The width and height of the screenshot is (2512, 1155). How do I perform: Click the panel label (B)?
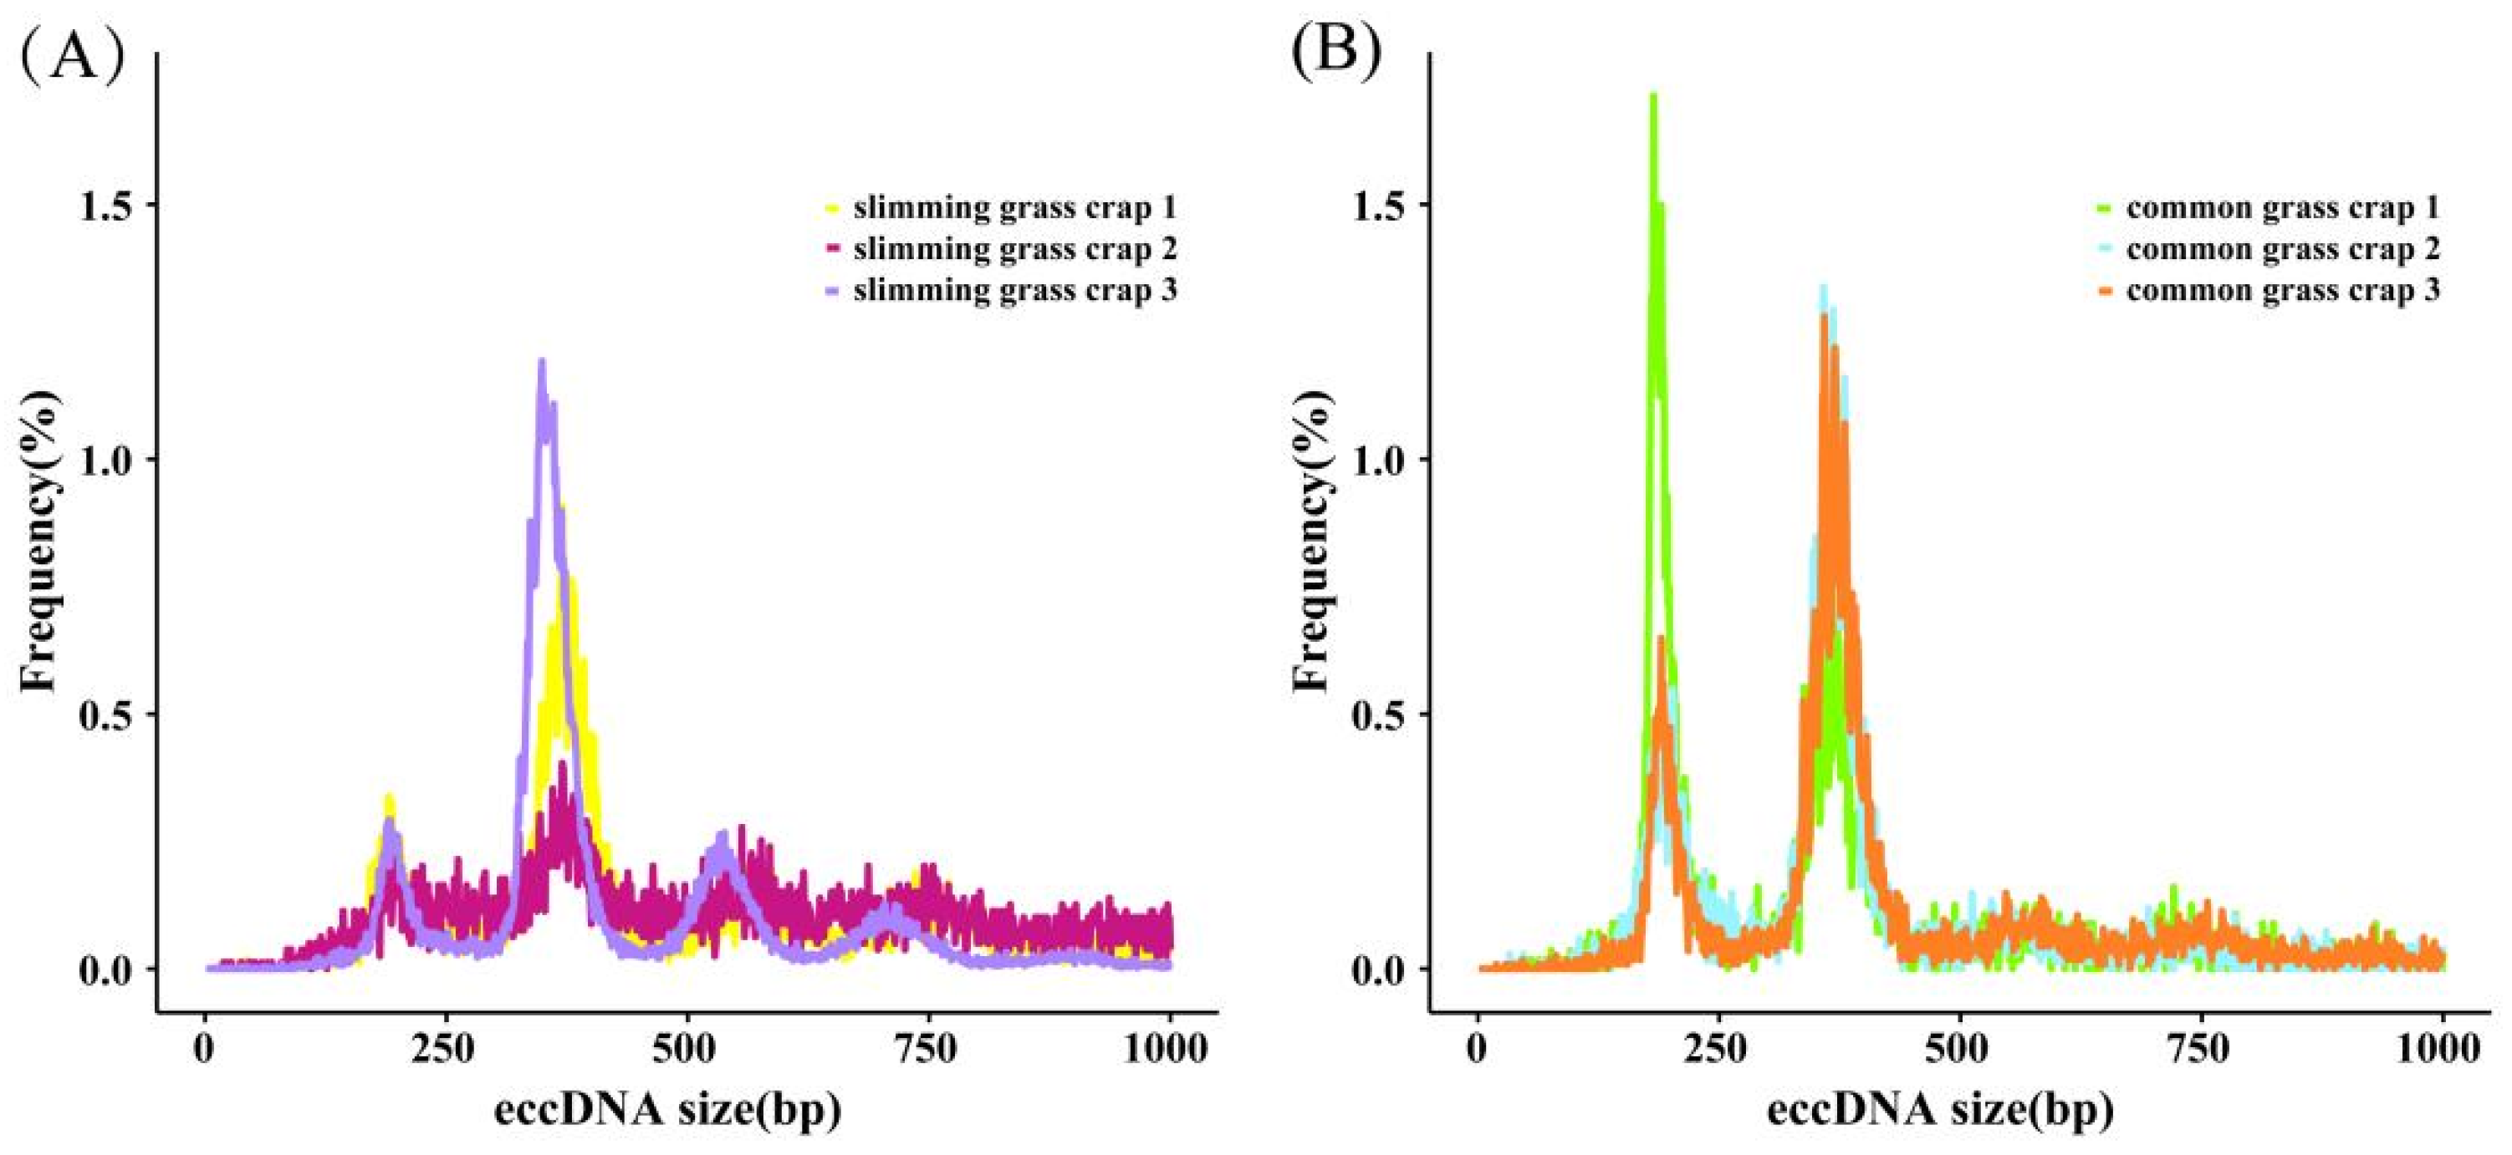[x=1337, y=48]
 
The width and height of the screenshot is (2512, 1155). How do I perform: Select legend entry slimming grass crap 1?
[x=1014, y=207]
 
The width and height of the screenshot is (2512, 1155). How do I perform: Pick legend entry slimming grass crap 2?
[x=1014, y=250]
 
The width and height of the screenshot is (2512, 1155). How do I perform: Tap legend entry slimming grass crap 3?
[x=1014, y=291]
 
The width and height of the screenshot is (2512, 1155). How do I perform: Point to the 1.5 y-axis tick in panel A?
[x=110, y=205]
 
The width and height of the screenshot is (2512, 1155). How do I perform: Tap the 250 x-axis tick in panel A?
[x=446, y=1051]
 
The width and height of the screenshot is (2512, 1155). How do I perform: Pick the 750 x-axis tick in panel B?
[x=2201, y=1051]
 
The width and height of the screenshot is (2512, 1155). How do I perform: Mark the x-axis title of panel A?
[x=667, y=1110]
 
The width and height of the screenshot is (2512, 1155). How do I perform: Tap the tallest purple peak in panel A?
[x=541, y=363]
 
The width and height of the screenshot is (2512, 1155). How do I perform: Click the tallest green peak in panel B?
[x=1653, y=95]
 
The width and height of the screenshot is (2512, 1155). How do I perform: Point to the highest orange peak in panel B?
[x=1823, y=318]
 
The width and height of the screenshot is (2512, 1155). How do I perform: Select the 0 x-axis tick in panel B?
[x=1478, y=1051]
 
